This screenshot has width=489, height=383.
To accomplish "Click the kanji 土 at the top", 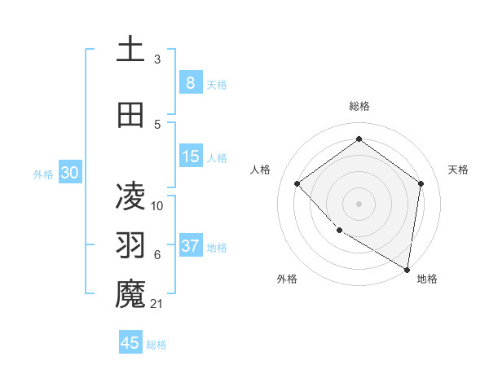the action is [x=130, y=49].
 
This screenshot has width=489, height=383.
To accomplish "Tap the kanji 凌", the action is [x=130, y=195].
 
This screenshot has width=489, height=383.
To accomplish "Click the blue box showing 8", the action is [x=190, y=83].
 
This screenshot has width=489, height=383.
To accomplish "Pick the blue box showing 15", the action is [x=191, y=157].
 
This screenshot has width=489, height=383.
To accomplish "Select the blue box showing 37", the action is [x=191, y=247].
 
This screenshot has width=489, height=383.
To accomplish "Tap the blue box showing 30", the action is [x=69, y=174].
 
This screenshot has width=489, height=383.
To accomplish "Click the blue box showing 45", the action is [x=130, y=343].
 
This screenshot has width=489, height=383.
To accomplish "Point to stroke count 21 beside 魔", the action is [x=158, y=304].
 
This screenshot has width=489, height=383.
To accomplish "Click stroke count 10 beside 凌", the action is [x=158, y=205].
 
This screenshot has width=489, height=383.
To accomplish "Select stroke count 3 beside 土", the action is [x=157, y=59].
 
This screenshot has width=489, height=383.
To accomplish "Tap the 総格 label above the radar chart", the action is [x=359, y=106].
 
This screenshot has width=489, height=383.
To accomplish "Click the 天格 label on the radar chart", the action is [x=458, y=169].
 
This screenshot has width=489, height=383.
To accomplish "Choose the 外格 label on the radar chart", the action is [x=287, y=279].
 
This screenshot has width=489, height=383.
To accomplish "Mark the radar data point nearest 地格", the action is [x=407, y=268].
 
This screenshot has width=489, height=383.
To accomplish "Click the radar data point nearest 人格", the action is [x=297, y=184].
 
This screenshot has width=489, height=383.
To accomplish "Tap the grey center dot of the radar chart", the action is [x=359, y=203].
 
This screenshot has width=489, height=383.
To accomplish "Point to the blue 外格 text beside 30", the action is [x=43, y=174].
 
